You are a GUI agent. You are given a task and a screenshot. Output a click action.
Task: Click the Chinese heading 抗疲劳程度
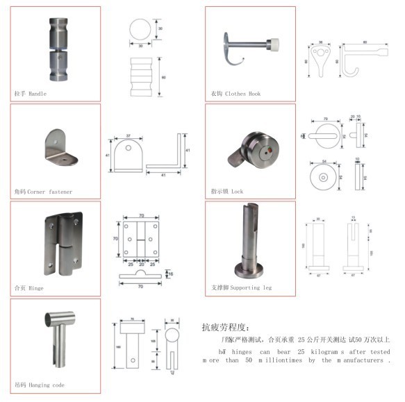pyautogui.click(x=229, y=327)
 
